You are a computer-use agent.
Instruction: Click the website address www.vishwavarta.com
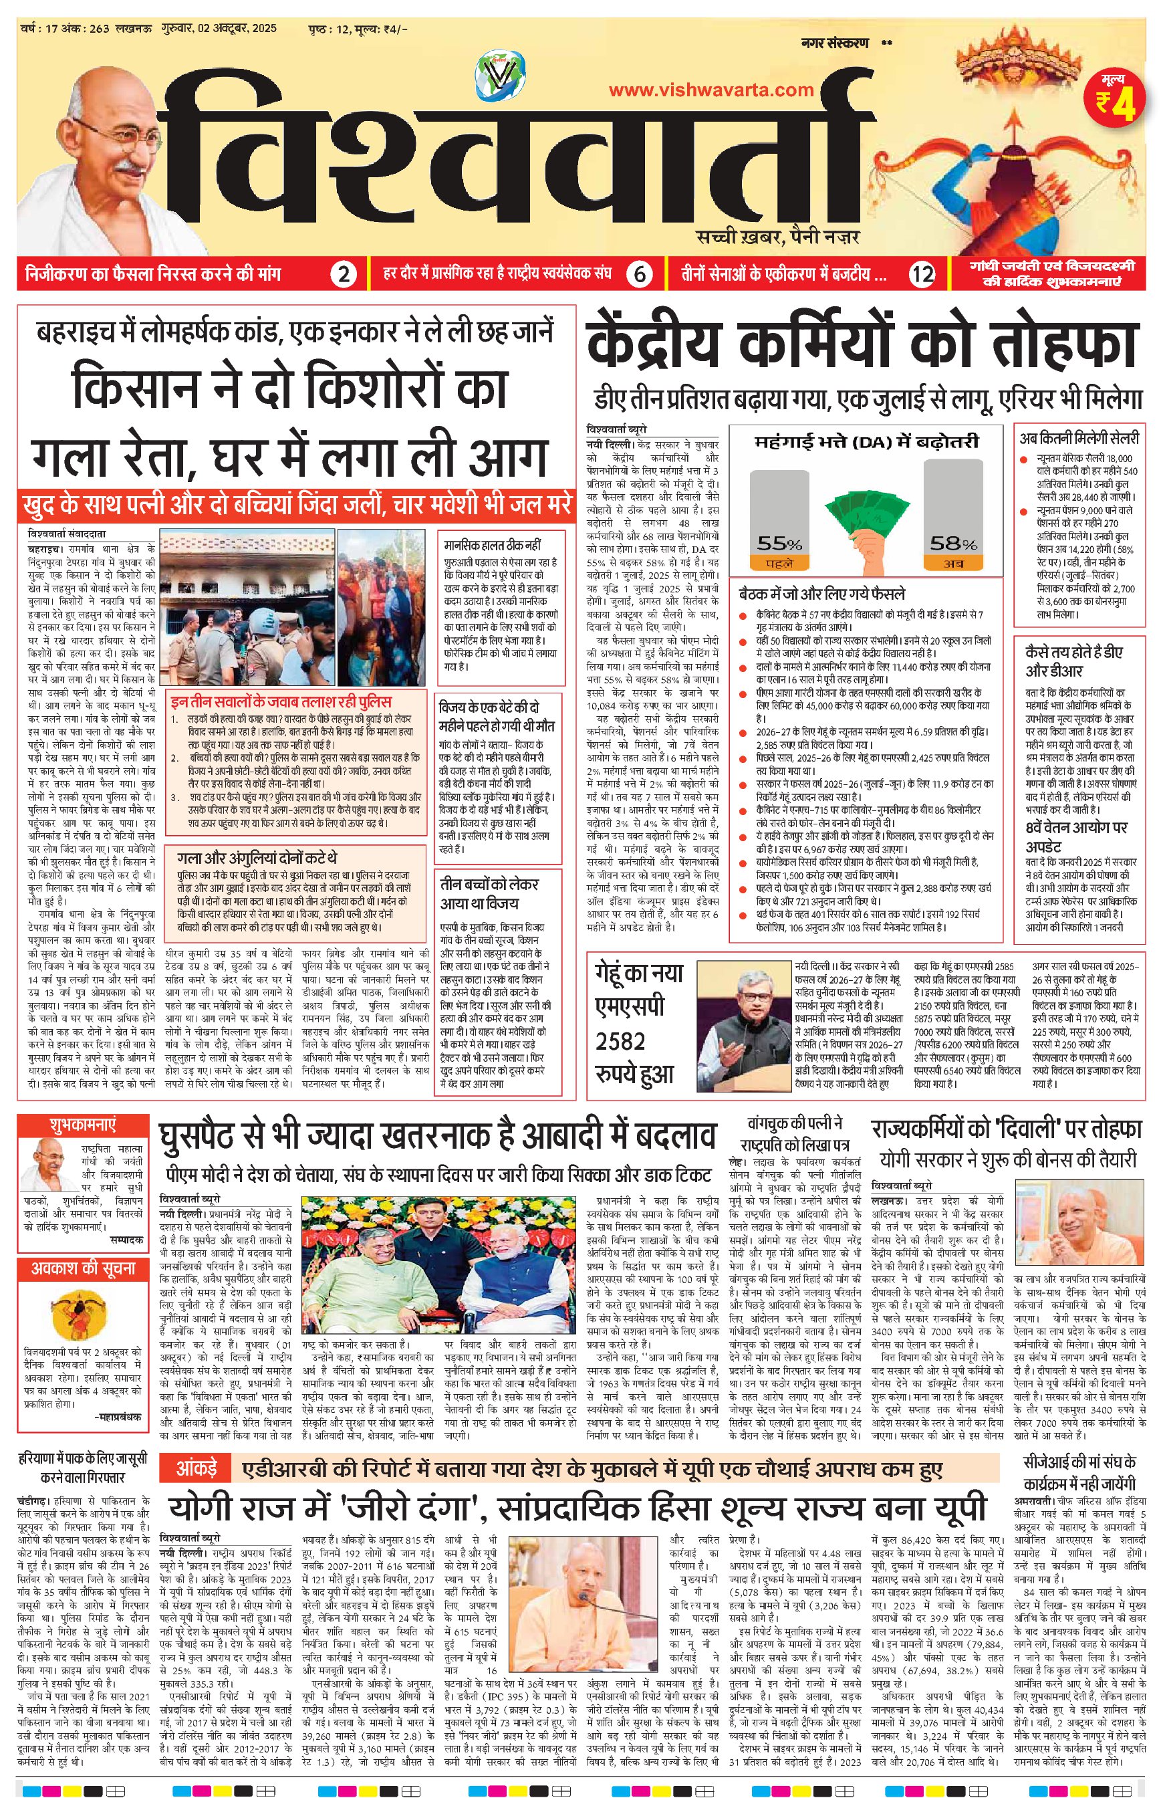click(710, 90)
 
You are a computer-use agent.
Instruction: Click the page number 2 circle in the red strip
click(344, 274)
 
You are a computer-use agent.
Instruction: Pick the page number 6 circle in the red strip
click(640, 274)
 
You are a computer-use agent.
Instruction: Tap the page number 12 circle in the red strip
click(922, 274)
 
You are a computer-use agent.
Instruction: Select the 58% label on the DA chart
click(953, 543)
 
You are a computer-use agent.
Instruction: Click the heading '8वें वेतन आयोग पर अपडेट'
click(1075, 836)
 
